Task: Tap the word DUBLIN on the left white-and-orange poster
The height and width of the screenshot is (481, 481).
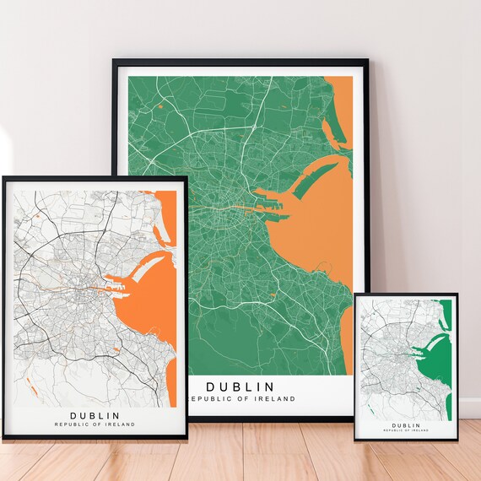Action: click(95, 415)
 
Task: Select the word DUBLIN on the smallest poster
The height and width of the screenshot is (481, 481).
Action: click(407, 425)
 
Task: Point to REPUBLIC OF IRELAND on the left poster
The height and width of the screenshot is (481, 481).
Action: click(95, 424)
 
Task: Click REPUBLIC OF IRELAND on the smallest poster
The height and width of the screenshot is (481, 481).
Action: click(407, 431)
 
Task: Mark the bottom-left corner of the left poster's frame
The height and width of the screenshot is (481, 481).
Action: click(3, 439)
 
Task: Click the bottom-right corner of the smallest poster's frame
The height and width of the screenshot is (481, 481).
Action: click(457, 442)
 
